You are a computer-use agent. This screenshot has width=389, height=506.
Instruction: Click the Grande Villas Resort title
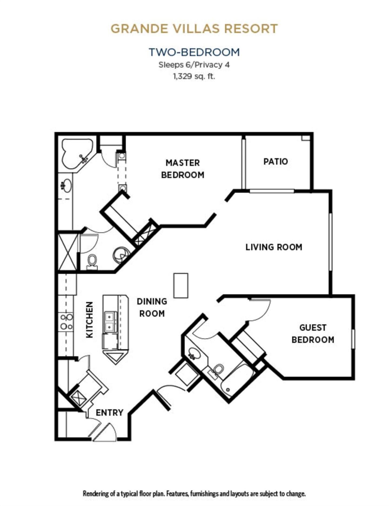pyautogui.click(x=194, y=29)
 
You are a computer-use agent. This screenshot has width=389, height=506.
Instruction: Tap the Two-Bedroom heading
pyautogui.click(x=194, y=52)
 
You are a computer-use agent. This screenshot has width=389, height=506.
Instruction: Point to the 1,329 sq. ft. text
pyautogui.click(x=194, y=76)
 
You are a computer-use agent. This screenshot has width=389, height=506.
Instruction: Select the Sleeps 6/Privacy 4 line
pyautogui.click(x=194, y=65)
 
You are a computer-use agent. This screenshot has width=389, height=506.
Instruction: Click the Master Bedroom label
pyautogui.click(x=183, y=169)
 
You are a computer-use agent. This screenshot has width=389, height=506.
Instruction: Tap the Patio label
pyautogui.click(x=276, y=162)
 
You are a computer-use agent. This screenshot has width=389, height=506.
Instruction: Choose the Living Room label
pyautogui.click(x=274, y=247)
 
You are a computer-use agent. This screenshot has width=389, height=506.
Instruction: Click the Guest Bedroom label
pyautogui.click(x=313, y=334)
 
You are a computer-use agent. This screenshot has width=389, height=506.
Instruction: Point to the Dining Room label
pyautogui.click(x=152, y=307)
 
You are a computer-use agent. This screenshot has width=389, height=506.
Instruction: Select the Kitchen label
pyautogui.click(x=89, y=320)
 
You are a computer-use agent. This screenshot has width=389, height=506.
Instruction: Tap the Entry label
pyautogui.click(x=109, y=413)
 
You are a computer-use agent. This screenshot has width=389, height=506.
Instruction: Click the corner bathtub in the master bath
pyautogui.click(x=77, y=153)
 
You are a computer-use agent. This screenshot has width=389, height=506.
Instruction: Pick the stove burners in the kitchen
pyautogui.click(x=66, y=322)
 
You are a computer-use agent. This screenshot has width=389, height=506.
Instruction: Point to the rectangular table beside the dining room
pyautogui.click(x=181, y=286)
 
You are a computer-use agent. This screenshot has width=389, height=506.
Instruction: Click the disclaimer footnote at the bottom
pyautogui.click(x=194, y=494)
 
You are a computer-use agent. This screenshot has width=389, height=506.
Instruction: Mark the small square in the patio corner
pyautogui.click(x=306, y=138)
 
